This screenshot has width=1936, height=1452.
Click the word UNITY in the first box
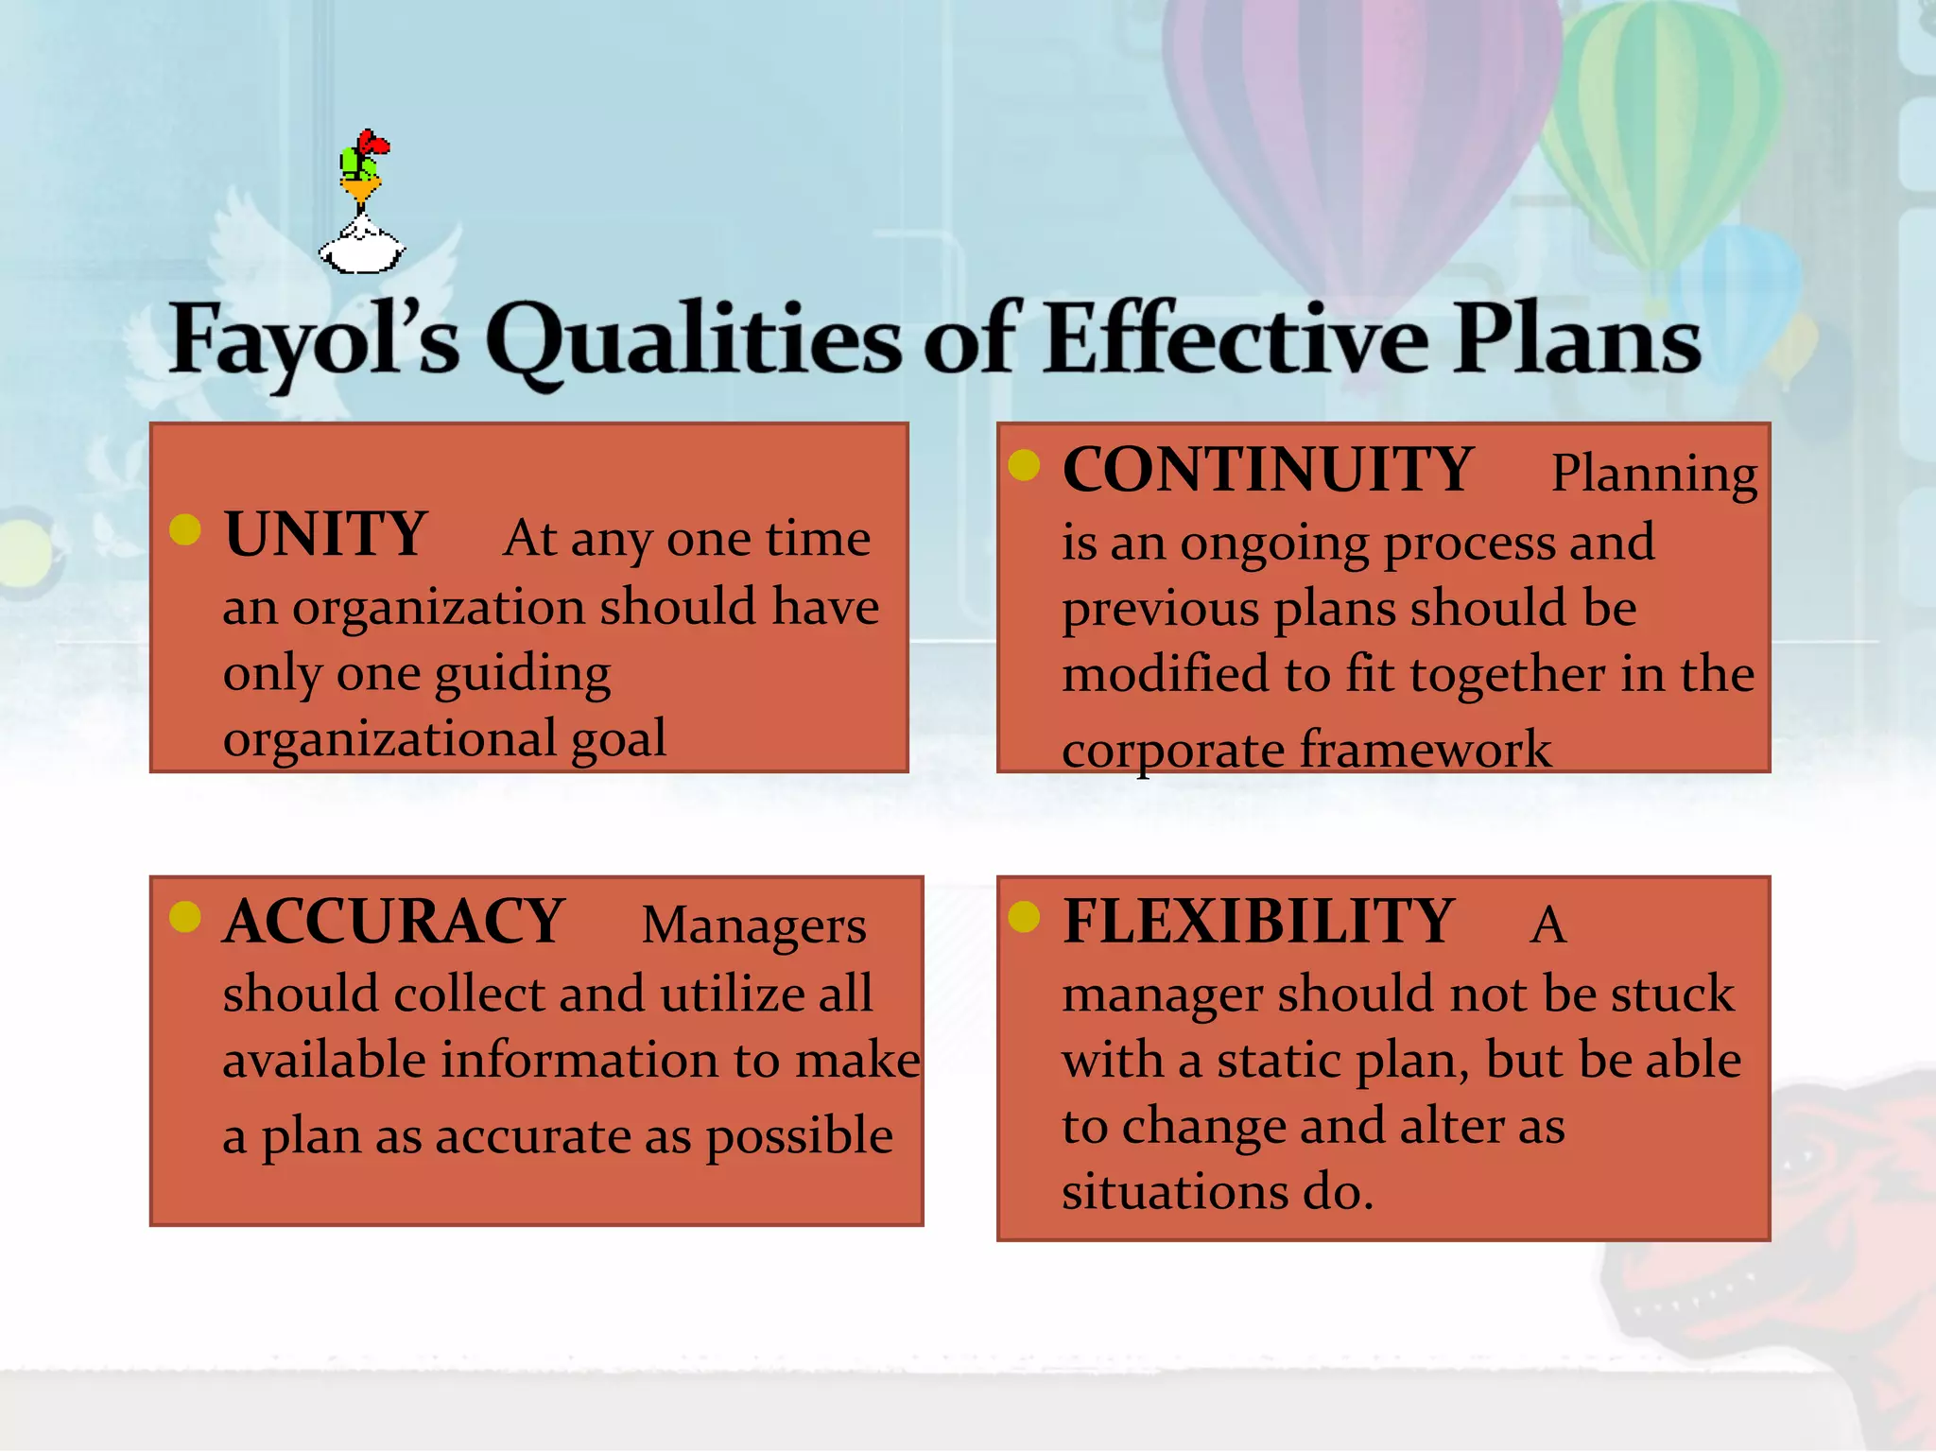(326, 535)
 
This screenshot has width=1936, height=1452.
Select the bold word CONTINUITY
(1267, 470)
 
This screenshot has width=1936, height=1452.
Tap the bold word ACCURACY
(393, 922)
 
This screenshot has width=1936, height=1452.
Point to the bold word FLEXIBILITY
(1258, 922)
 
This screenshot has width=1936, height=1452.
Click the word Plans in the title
(1577, 338)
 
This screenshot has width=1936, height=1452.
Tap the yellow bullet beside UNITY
(185, 530)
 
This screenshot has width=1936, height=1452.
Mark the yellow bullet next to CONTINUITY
(1024, 465)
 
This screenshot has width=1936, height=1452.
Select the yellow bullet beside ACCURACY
(185, 916)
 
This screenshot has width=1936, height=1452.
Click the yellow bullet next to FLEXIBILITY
(1024, 916)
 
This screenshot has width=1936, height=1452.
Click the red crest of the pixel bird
(372, 144)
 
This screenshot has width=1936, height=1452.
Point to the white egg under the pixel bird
(362, 250)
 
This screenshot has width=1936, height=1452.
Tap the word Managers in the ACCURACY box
(753, 925)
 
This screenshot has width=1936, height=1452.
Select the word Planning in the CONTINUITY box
(1654, 474)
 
